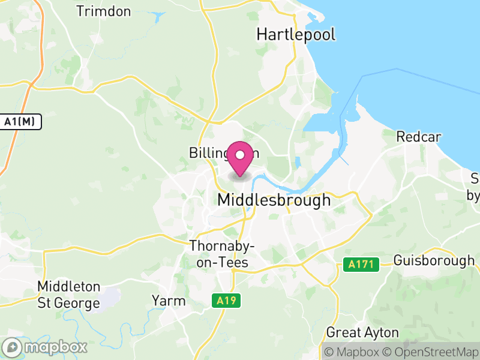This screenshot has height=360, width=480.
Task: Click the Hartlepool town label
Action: tap(296, 34)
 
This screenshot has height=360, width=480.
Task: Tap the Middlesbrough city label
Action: tap(274, 200)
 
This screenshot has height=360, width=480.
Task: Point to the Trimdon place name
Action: tap(104, 11)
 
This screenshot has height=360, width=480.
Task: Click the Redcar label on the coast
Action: tap(418, 137)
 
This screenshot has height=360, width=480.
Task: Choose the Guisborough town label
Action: tap(434, 261)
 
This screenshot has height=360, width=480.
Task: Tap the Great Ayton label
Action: tap(362, 332)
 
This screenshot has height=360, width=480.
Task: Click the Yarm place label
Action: tap(169, 301)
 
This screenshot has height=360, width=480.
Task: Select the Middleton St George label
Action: tap(68, 295)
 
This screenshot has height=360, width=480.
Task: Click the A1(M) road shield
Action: tap(20, 122)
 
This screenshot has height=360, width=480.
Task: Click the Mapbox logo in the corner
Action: tap(46, 347)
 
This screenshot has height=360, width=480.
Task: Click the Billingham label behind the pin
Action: tap(208, 152)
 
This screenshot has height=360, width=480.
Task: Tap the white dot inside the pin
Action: tap(240, 155)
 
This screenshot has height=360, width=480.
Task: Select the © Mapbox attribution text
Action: tap(352, 352)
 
